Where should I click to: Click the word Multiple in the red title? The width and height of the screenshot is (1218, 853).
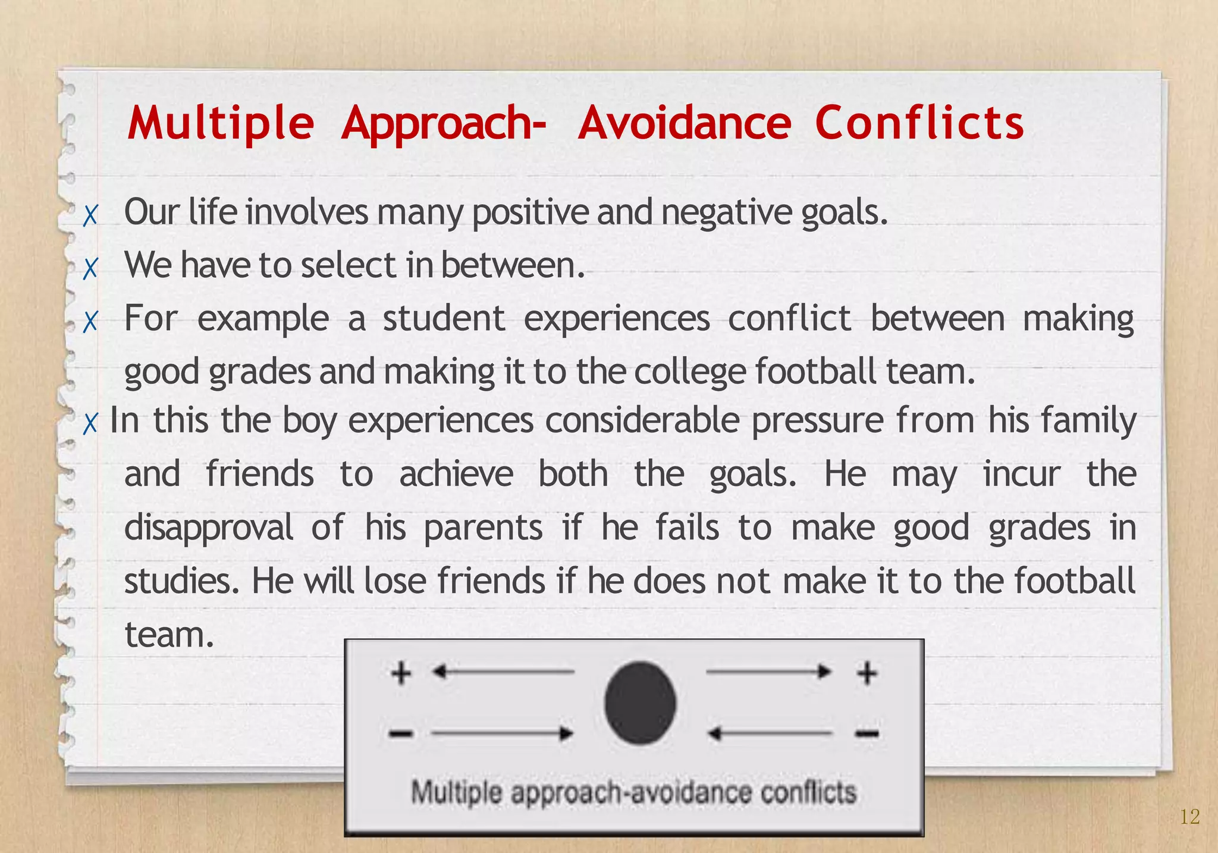[x=221, y=123]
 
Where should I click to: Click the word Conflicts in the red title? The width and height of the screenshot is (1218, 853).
[x=919, y=123]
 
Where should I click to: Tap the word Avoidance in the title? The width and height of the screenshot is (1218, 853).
[x=685, y=123]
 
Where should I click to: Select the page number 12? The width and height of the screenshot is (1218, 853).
[x=1189, y=817]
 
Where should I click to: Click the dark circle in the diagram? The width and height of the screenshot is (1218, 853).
[x=640, y=703]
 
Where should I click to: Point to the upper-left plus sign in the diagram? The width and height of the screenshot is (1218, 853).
[x=401, y=673]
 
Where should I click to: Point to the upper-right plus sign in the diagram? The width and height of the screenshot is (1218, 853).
[x=867, y=673]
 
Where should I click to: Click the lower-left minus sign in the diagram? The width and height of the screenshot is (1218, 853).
[x=401, y=734]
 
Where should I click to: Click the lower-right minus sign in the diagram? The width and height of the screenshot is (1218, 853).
[x=867, y=734]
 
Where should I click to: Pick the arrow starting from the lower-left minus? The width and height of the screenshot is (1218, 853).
[x=502, y=733]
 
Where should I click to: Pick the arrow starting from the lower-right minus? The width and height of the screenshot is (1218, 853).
[x=771, y=733]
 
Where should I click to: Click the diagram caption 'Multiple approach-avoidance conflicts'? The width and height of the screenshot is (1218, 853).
[x=634, y=793]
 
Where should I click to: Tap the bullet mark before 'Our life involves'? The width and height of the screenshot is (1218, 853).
[x=90, y=215]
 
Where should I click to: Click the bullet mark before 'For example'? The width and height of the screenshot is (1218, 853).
[x=90, y=322]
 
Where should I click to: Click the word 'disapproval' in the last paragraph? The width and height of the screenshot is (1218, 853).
[x=209, y=528]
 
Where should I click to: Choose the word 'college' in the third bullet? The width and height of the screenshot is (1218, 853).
[x=689, y=372]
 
